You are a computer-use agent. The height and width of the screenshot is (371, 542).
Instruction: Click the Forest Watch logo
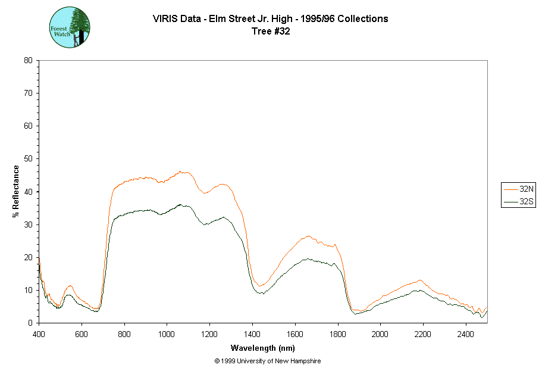point(70,27)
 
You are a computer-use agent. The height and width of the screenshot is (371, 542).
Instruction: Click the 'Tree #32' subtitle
point(271,32)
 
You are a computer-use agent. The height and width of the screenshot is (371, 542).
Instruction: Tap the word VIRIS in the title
point(164,18)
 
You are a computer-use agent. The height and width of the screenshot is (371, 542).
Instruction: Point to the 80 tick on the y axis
point(28,60)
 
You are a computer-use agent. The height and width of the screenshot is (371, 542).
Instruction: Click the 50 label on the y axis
point(28,158)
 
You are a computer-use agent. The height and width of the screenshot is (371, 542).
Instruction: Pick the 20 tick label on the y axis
point(28,257)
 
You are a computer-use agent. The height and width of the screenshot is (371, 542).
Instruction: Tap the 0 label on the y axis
point(30,323)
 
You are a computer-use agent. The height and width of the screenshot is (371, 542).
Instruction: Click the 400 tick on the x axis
point(39,333)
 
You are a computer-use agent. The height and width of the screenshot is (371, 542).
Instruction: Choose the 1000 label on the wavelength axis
point(167,333)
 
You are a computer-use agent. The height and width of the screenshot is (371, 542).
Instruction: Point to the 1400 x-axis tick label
point(252,333)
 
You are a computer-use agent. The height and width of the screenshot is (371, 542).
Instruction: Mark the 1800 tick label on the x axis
point(337,333)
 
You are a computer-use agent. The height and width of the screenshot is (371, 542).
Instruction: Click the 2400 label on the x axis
point(466,333)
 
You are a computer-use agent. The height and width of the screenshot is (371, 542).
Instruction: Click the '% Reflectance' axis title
point(16,191)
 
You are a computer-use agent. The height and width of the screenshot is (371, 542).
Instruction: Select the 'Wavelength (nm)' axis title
point(264,348)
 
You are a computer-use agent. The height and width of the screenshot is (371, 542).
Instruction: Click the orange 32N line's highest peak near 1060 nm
point(180,172)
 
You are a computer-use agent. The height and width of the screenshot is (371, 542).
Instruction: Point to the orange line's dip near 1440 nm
point(261,286)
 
